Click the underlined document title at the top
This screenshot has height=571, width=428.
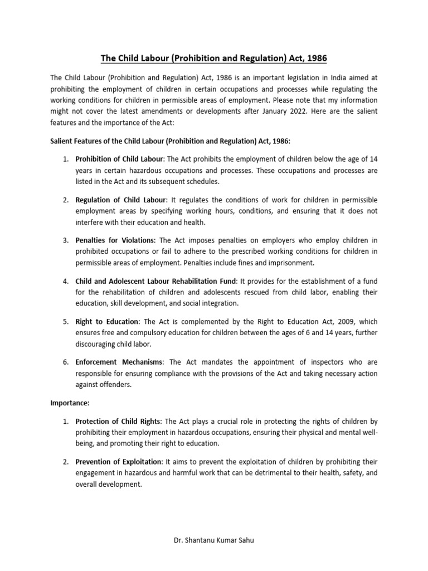tap(213, 58)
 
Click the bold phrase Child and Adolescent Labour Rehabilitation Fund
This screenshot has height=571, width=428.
tap(157, 281)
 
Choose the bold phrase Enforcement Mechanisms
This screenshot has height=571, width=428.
tap(119, 362)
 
